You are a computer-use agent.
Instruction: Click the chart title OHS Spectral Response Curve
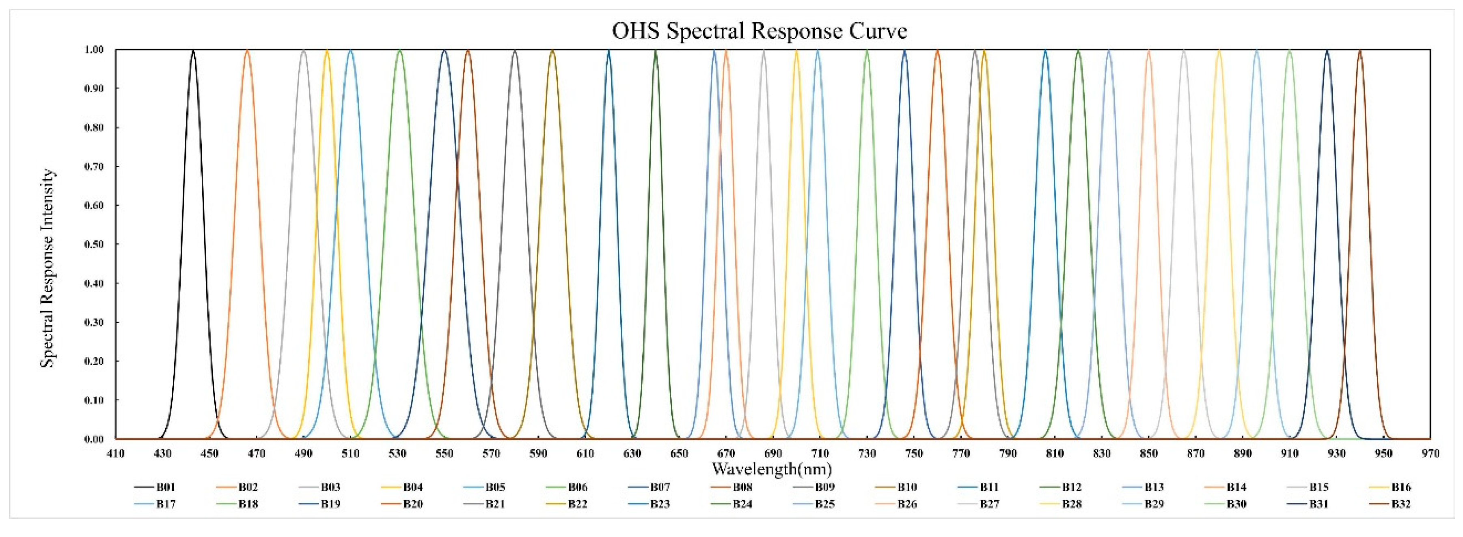(760, 31)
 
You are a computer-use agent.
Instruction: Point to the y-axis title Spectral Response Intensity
(48, 268)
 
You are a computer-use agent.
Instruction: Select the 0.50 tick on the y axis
(94, 244)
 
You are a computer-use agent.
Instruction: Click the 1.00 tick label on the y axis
(94, 49)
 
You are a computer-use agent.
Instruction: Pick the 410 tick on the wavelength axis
(115, 453)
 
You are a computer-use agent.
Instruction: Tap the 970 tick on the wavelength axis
(1430, 453)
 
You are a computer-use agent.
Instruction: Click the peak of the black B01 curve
(193, 51)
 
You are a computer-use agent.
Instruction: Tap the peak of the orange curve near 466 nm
(247, 51)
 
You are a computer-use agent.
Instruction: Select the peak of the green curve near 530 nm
(400, 51)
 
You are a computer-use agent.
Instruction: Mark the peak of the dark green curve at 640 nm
(656, 51)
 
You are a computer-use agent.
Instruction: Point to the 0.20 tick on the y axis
(94, 361)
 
